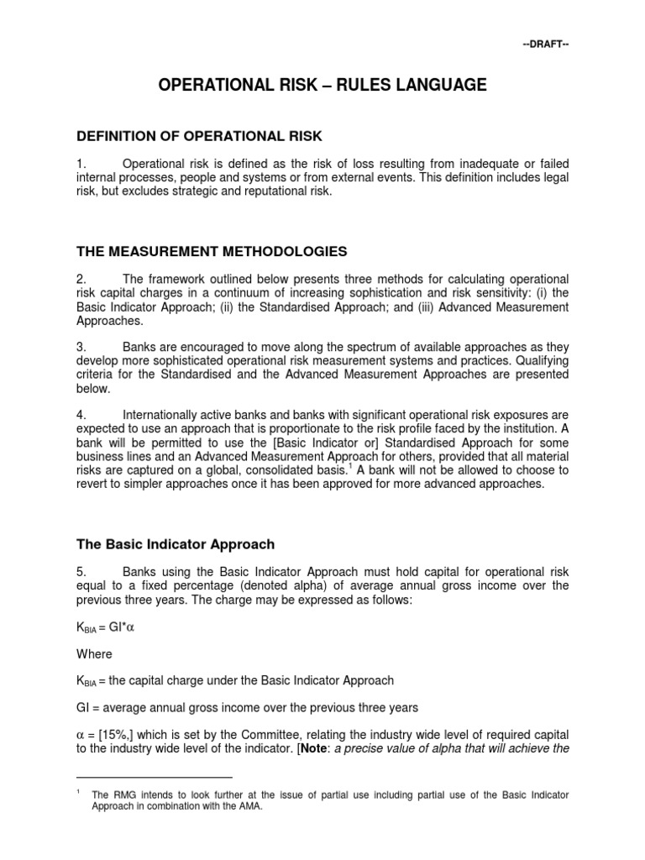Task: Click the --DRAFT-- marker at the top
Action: click(547, 44)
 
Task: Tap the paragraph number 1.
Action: click(81, 163)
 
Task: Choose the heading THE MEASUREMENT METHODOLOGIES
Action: click(211, 251)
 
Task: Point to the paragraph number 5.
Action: click(81, 570)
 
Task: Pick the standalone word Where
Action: click(94, 653)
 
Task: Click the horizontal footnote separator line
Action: click(154, 777)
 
